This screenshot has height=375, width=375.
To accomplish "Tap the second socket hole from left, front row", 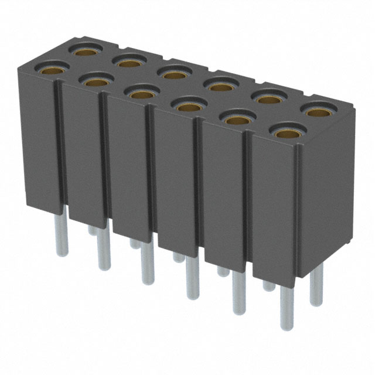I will tap(96, 81).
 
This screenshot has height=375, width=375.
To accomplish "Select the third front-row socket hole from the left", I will tap(140, 93).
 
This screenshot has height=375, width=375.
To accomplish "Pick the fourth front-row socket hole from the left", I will tap(187, 106).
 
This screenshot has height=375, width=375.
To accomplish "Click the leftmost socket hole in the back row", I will tap(83, 50).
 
